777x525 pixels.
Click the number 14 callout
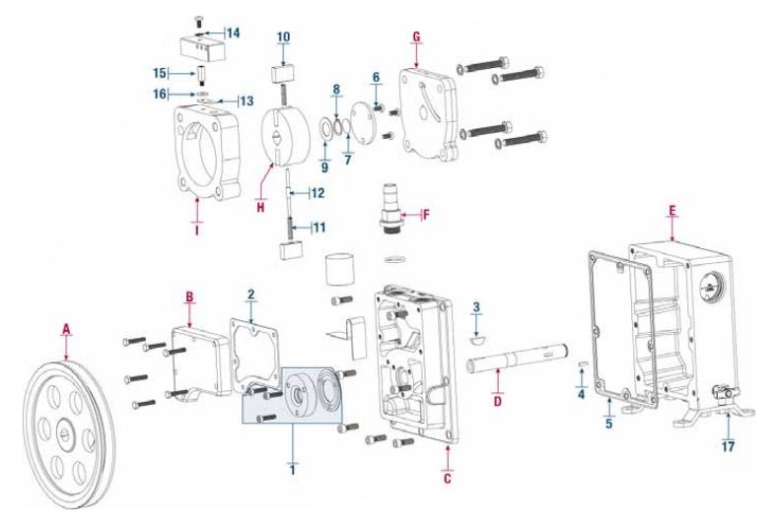[234, 33]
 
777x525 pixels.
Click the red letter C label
[449, 473]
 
